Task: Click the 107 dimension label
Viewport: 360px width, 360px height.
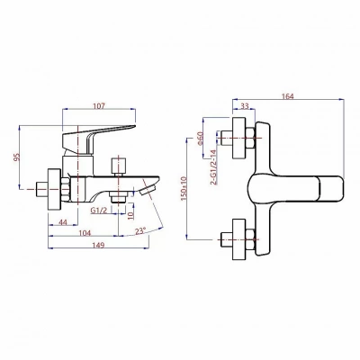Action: [99, 106]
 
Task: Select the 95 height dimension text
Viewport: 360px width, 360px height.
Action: [17, 157]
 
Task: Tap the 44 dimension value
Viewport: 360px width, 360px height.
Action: [63, 222]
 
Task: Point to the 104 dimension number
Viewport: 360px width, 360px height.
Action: [85, 233]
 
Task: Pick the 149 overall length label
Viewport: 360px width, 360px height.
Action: [98, 245]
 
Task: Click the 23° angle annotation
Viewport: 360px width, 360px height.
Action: [140, 231]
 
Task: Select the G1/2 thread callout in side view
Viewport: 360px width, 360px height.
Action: [99, 211]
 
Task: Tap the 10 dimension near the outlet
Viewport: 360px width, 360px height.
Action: [130, 215]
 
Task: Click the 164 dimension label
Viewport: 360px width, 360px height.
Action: [288, 96]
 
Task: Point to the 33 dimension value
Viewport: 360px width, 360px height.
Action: [245, 106]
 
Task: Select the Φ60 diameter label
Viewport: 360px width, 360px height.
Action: [200, 139]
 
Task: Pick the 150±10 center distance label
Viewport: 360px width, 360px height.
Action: [184, 188]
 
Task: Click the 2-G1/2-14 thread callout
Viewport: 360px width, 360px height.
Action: [213, 167]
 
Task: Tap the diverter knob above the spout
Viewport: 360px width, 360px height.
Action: [119, 166]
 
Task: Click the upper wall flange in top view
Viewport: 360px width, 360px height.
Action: [239, 138]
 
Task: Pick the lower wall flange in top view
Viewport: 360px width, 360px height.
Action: [239, 239]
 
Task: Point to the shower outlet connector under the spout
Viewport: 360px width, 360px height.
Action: [118, 198]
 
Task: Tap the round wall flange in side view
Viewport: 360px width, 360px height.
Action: [55, 190]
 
